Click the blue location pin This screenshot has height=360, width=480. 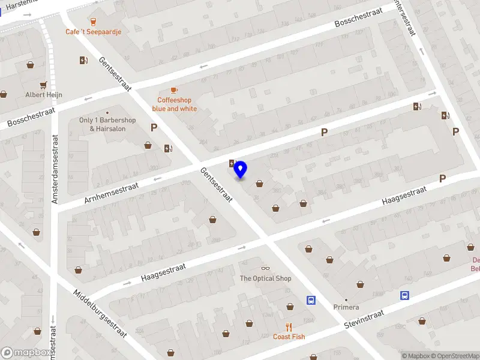[x=241, y=169]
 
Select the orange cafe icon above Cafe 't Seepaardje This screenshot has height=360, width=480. [x=92, y=21]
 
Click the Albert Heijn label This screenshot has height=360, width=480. [x=43, y=95]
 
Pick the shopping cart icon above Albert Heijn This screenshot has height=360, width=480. [x=43, y=85]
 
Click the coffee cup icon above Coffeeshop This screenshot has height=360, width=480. [x=174, y=91]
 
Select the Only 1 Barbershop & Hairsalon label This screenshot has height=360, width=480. [x=107, y=124]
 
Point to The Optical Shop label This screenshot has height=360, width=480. [x=265, y=278]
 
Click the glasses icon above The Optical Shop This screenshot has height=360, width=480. [x=265, y=268]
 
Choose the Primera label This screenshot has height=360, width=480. [x=346, y=307]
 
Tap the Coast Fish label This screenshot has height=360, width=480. [x=289, y=337]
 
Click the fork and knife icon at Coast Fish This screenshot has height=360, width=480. [x=289, y=327]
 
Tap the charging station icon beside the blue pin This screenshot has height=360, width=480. [x=232, y=163]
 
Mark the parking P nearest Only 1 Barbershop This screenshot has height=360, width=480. [x=154, y=127]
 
